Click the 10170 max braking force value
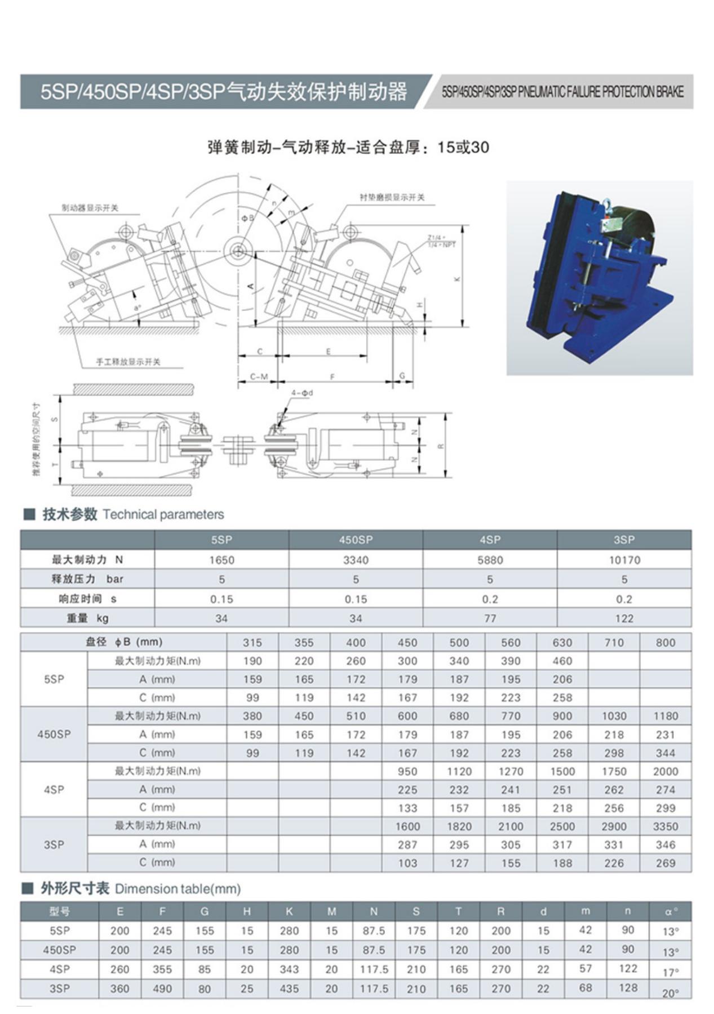coord(624,560)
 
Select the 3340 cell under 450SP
coord(356,560)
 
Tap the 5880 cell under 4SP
coord(490,560)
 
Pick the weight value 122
coord(624,618)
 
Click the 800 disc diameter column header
coord(665,642)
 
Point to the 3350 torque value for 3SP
coord(665,826)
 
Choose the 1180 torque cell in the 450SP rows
coord(665,716)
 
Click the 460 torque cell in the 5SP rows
coord(562,661)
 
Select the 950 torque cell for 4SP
coord(407,771)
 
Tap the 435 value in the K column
coord(289,989)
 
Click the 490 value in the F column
coord(162,989)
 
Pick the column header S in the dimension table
coord(416,911)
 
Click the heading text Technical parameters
coord(163,514)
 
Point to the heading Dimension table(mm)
coord(178,889)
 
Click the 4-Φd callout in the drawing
coord(302,393)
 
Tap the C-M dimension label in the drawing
coord(259,376)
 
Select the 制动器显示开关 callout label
coord(90,208)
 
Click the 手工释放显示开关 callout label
coord(128,362)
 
